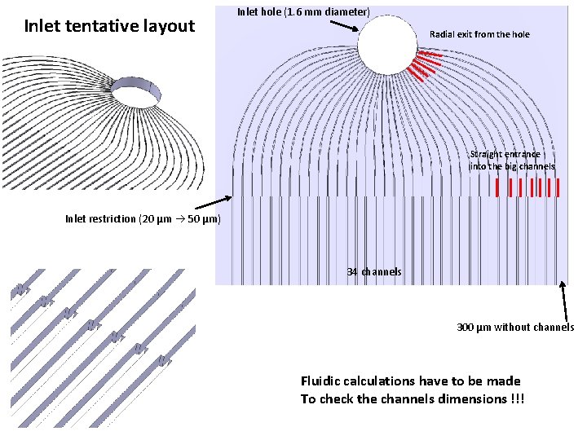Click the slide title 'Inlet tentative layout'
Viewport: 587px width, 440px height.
pos(109,26)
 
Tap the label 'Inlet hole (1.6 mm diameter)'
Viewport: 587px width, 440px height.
pos(303,11)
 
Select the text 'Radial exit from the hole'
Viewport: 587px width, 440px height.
pos(479,34)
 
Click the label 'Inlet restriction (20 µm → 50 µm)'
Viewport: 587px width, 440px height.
pos(143,218)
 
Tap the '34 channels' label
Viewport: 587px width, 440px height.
pos(374,271)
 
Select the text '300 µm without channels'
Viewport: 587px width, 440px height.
pos(515,327)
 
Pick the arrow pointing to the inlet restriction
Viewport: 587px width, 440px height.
pos(214,202)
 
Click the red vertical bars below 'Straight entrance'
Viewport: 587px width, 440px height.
pos(528,187)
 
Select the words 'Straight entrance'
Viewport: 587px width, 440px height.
pos(505,154)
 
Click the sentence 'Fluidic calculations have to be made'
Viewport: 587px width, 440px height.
pos(410,381)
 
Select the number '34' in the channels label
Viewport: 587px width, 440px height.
pos(352,271)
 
